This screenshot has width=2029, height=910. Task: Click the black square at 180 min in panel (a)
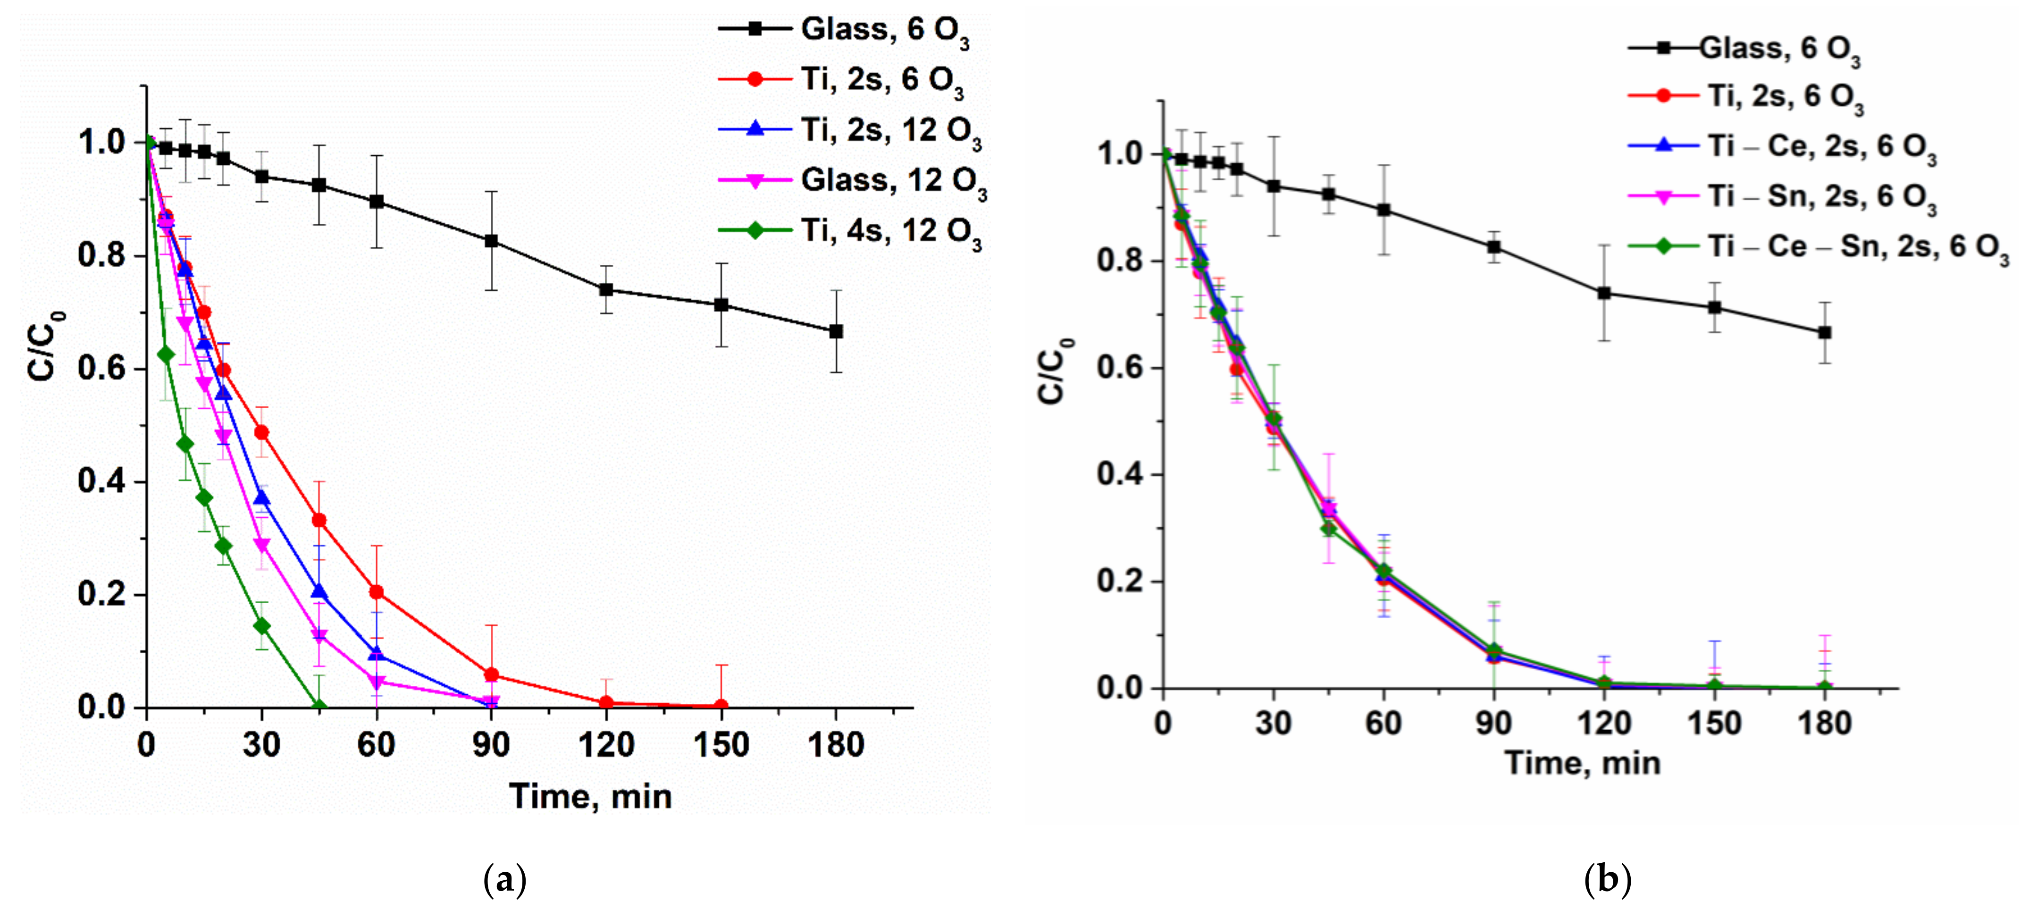tap(836, 332)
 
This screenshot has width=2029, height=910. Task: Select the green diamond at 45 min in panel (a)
tap(319, 705)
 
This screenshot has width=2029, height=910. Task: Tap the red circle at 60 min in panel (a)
tap(377, 592)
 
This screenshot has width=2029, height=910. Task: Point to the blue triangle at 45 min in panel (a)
tap(319, 591)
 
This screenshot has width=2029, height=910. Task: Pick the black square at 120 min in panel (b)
tap(1604, 293)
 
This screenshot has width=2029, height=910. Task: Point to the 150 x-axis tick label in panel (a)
tap(721, 744)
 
